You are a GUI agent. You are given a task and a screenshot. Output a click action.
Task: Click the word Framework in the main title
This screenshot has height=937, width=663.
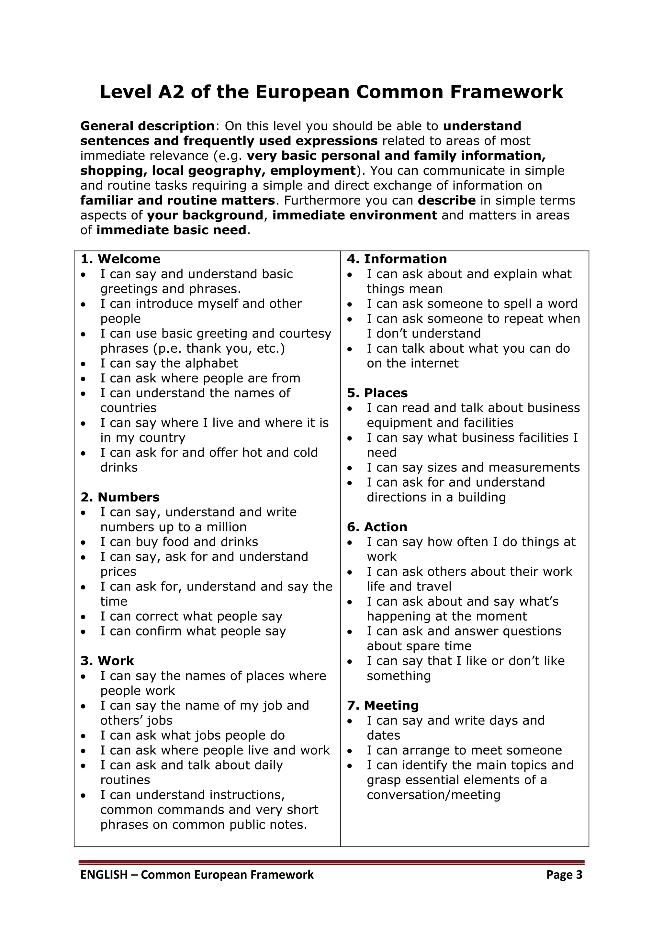[x=506, y=92]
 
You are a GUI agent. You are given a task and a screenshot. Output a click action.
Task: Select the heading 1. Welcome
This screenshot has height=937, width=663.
[x=120, y=259]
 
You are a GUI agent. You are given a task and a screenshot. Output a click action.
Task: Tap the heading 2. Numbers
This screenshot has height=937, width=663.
[x=120, y=497]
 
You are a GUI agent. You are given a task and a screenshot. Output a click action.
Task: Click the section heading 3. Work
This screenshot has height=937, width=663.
[x=107, y=661]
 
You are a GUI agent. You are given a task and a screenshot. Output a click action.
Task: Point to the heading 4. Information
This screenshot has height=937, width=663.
[x=397, y=259]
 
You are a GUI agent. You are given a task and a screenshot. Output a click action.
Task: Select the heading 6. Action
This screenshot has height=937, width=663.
[x=377, y=527]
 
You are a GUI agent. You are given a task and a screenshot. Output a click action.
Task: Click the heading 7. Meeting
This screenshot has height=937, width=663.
[x=383, y=705]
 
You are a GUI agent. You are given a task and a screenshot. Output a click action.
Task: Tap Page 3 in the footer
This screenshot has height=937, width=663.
[x=564, y=875]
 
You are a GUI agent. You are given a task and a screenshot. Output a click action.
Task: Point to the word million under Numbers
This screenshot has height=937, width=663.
[x=226, y=527]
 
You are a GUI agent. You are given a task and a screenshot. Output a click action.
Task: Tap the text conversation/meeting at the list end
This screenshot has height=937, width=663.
[x=433, y=795]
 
